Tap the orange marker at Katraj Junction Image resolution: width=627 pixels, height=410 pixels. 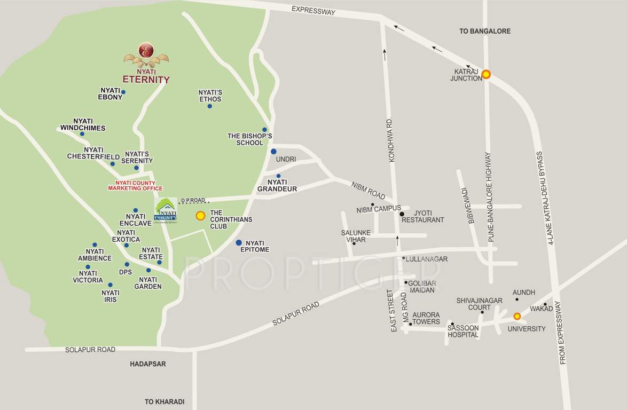tap(486, 75)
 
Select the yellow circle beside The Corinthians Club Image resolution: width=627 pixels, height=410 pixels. tap(200, 216)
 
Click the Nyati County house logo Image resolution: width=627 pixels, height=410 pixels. tap(165, 212)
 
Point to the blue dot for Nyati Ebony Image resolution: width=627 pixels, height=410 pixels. tap(123, 92)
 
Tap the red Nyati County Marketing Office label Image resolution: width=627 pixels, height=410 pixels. tap(135, 185)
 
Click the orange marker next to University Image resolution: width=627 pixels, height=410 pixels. tap(516, 316)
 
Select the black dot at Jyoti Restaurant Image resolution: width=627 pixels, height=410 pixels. tap(402, 214)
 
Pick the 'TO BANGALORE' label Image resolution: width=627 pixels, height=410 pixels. tap(485, 31)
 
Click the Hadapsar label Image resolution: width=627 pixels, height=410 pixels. tap(148, 364)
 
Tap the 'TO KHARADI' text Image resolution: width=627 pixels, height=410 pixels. tap(164, 401)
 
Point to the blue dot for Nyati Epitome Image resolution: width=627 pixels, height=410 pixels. tap(239, 242)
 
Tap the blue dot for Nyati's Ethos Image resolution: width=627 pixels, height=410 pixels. tap(209, 106)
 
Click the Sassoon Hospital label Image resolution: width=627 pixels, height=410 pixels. tap(463, 331)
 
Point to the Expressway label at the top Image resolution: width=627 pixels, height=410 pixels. tap(313, 10)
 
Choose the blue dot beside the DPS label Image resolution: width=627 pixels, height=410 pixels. tap(127, 264)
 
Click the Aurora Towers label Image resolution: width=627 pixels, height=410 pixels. tap(426, 318)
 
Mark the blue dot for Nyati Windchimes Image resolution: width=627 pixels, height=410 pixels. tap(82, 134)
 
